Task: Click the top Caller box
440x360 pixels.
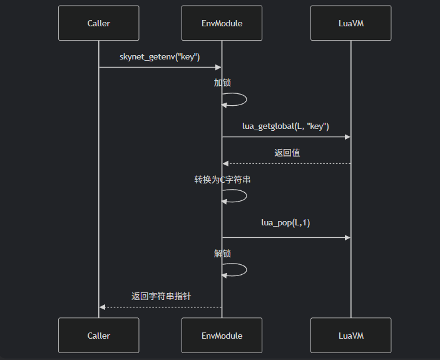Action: [98, 23]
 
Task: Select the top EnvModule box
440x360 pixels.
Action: [222, 23]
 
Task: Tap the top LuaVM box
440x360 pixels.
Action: [350, 23]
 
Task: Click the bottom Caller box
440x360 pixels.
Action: [98, 336]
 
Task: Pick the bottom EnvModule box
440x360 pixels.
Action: [222, 336]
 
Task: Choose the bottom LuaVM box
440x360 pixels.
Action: [350, 336]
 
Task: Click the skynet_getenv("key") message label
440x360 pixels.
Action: [160, 57]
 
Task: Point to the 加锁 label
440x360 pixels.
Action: [222, 83]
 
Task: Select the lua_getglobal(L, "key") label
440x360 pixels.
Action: [286, 126]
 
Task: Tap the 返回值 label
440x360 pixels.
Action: [287, 152]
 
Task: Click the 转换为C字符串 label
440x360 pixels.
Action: [222, 180]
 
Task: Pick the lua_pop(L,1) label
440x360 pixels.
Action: [286, 222]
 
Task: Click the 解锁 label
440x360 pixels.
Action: [222, 254]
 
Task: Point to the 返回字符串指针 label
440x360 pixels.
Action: [161, 296]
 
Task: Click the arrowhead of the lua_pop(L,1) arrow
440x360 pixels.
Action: [347, 237]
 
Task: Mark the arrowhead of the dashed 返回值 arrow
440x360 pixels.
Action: [225, 163]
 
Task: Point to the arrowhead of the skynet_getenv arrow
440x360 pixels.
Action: [218, 67]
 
